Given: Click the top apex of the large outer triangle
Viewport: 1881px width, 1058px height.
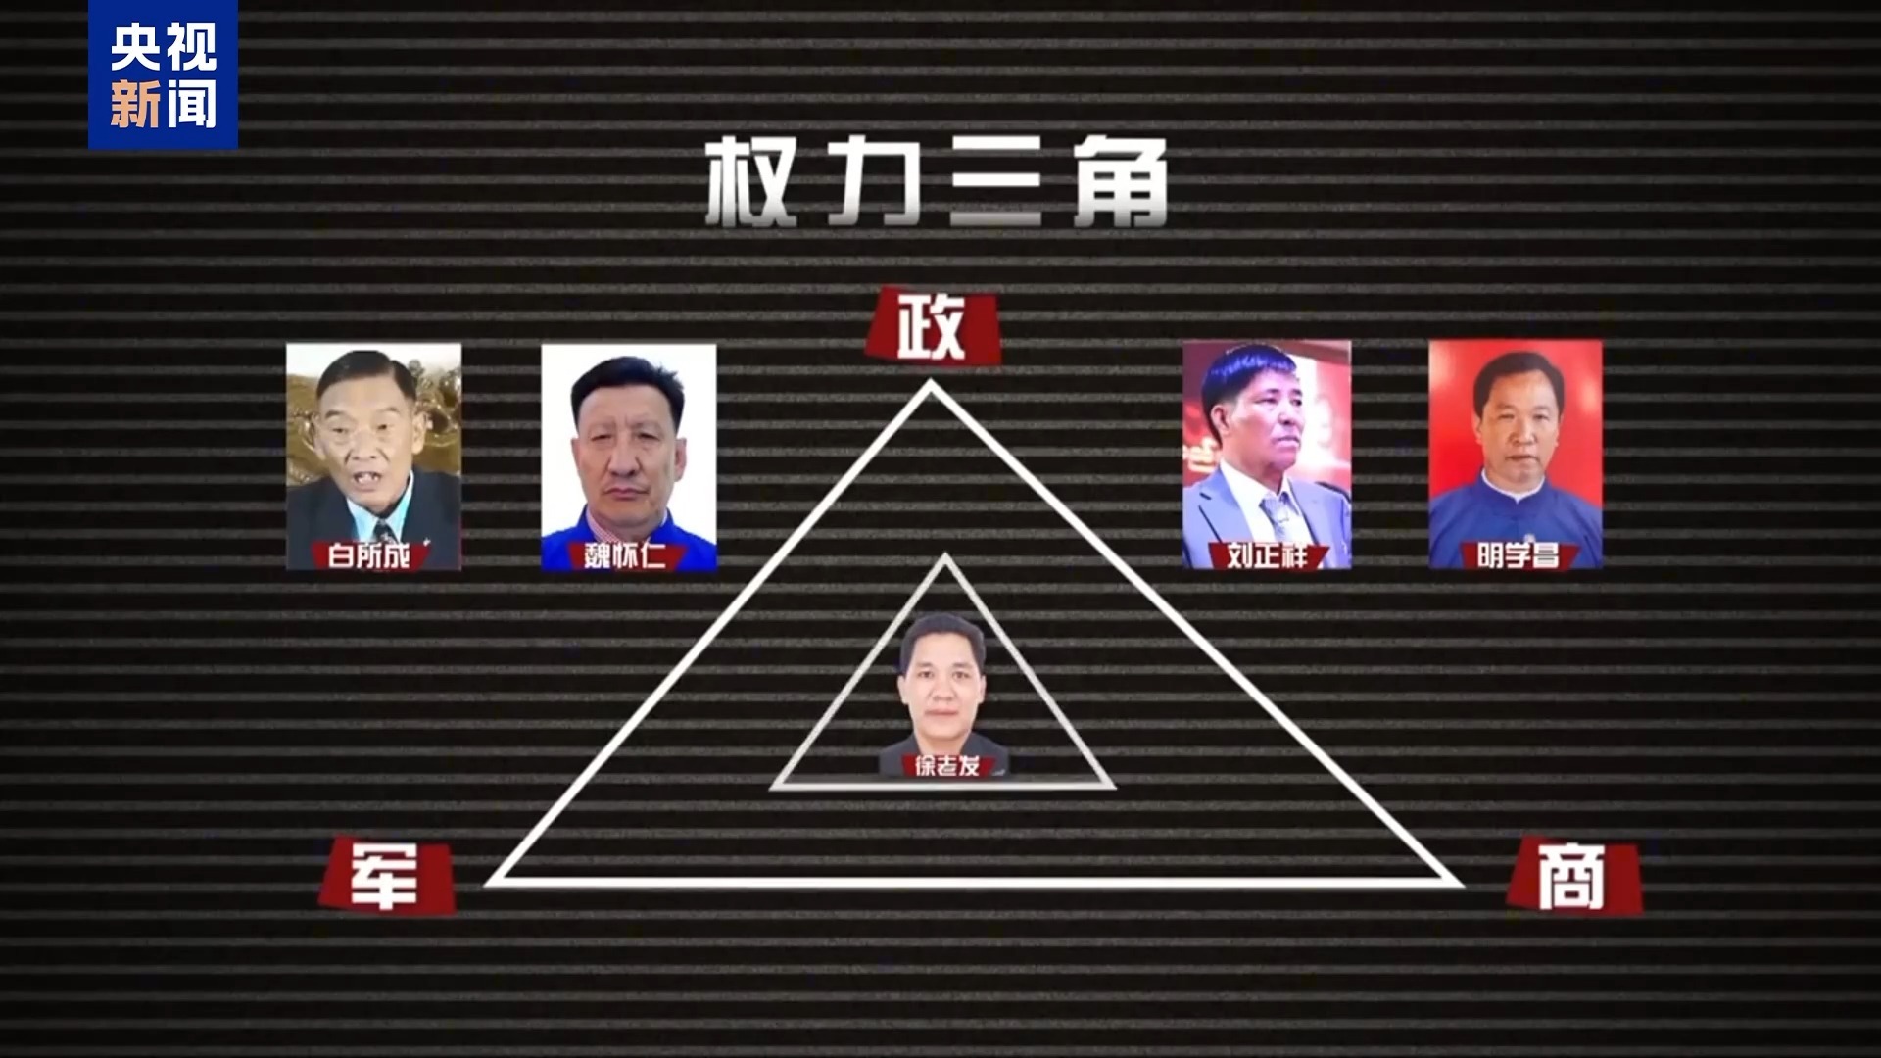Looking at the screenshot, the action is [x=930, y=383].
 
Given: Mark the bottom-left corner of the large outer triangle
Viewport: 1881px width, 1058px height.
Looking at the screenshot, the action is [x=488, y=883].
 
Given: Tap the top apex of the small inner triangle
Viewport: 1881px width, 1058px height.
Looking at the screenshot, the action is [x=944, y=556].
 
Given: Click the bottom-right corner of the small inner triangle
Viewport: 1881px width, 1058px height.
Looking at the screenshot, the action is [x=1113, y=787].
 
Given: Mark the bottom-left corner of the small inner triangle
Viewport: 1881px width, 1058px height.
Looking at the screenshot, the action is [x=773, y=787].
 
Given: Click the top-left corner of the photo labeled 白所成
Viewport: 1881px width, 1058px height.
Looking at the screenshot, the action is [x=286, y=343].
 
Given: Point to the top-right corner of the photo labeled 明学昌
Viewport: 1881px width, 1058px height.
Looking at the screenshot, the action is [x=1602, y=341].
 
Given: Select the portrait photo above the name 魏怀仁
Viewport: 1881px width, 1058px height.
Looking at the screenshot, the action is [x=629, y=457].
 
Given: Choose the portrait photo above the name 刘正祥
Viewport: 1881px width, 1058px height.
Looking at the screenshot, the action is [x=1267, y=455].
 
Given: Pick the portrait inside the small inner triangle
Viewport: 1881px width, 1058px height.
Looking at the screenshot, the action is [x=943, y=696].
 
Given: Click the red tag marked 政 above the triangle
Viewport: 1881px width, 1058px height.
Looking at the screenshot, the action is [x=932, y=326].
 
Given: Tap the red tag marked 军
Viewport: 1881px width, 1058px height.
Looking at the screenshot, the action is [x=388, y=874].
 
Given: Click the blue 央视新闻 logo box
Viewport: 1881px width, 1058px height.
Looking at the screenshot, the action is [x=163, y=74].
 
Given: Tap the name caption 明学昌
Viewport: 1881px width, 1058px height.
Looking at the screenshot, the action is [x=1517, y=556].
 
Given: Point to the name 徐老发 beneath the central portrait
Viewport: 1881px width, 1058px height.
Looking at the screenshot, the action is [x=946, y=765].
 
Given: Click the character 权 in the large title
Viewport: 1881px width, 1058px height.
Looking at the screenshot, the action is [x=751, y=182].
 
